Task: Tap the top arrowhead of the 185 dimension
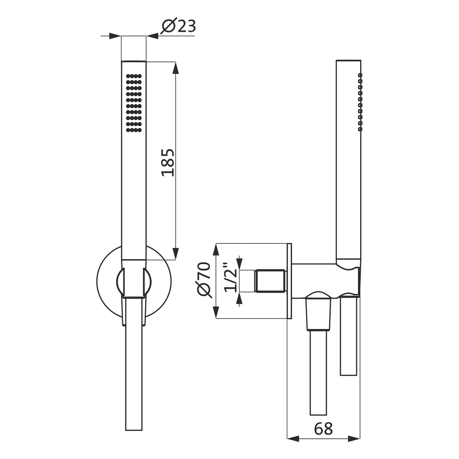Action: click(x=175, y=68)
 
